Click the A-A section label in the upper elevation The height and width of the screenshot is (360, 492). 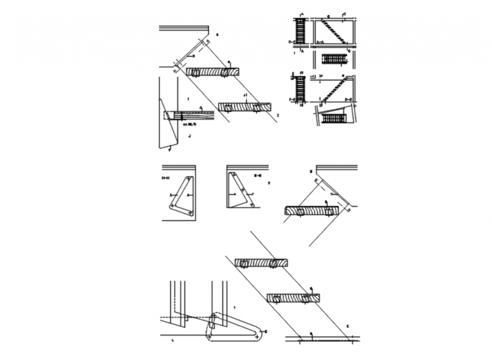pos(320,42)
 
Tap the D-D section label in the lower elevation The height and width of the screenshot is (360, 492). pos(348,99)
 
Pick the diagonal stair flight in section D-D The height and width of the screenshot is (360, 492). pos(334,89)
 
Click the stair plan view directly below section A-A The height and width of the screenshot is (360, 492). pos(334,59)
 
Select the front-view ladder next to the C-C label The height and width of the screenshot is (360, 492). pos(300,31)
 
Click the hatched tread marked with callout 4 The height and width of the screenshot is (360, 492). pos(213,72)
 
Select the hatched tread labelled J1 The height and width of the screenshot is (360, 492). pos(244,106)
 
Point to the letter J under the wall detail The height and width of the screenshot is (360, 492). pos(189,136)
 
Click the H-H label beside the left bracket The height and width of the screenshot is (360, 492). pos(166,178)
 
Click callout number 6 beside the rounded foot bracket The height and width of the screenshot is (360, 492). pos(266,331)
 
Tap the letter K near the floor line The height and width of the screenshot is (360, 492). pos(347,327)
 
